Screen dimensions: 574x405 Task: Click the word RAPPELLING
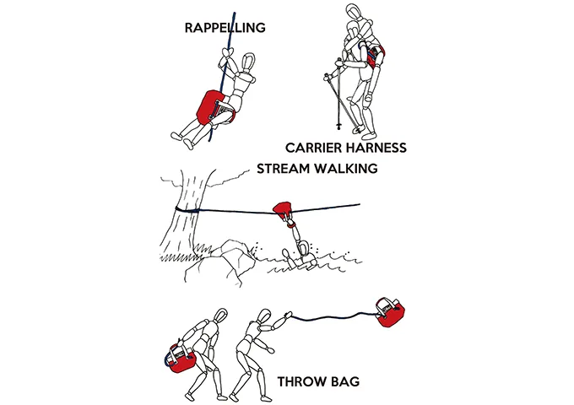point(225,28)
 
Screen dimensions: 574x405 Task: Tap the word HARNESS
point(376,148)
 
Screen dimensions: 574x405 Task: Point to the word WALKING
point(345,169)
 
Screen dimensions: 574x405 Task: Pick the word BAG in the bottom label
point(345,381)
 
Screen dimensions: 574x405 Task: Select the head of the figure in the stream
point(303,248)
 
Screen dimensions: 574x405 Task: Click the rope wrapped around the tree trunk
point(187,210)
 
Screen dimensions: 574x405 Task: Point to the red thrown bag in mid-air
point(390,312)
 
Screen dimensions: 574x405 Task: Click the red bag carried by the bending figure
point(180,360)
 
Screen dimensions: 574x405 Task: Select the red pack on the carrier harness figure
point(375,56)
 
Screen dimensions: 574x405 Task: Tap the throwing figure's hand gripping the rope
point(288,314)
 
